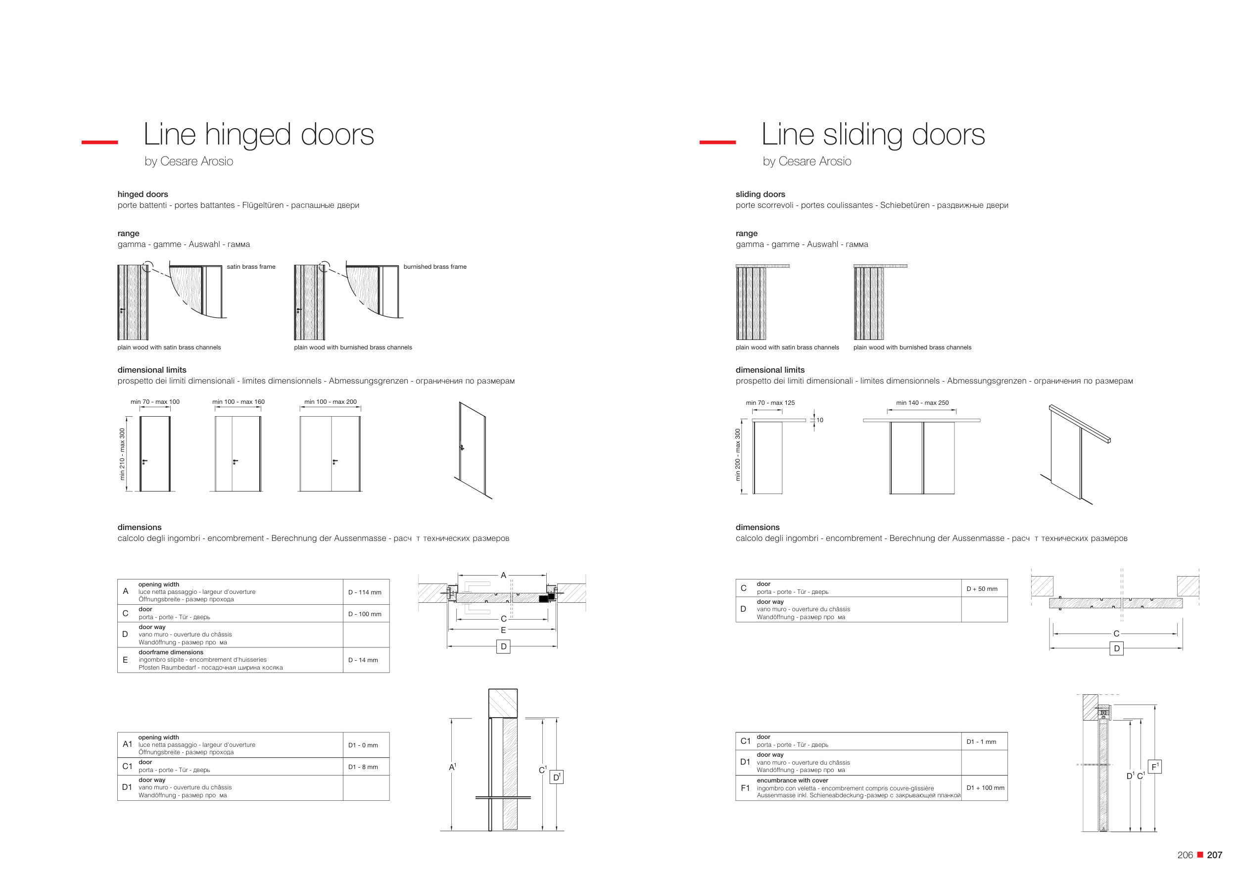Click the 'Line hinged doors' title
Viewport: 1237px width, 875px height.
[259, 134]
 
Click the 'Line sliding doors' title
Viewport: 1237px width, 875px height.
[873, 134]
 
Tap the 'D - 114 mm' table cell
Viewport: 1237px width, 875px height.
[365, 592]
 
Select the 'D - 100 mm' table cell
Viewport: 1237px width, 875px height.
[365, 614]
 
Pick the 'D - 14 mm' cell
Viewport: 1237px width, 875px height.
[363, 660]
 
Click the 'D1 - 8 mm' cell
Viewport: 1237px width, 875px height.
[363, 767]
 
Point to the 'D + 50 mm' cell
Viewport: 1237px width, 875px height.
[982, 589]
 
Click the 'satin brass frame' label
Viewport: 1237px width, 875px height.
[251, 267]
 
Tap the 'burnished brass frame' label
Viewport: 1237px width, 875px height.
[435, 267]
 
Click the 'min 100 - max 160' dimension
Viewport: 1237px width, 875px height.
[238, 402]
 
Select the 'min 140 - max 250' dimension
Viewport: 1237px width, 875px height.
[922, 403]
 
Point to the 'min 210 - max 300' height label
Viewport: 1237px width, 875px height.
[122, 454]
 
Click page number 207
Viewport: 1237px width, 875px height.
[1214, 855]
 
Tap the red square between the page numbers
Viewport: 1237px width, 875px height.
[1200, 855]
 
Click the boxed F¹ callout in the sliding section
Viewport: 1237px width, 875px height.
[1154, 767]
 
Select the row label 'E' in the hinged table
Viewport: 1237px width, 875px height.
[125, 660]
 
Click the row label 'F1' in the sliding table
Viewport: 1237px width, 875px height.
[745, 788]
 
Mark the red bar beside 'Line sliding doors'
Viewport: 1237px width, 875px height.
[717, 142]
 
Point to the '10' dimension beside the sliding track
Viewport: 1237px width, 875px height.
[819, 420]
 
